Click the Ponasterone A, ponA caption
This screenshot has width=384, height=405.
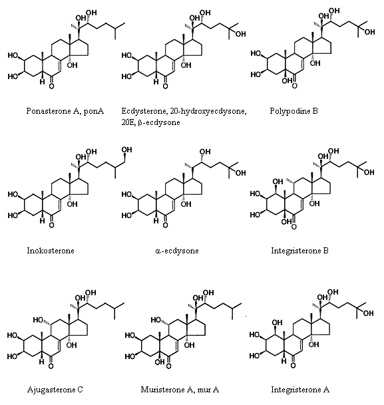pyautogui.click(x=65, y=111)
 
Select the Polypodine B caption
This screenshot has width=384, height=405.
pyautogui.click(x=293, y=111)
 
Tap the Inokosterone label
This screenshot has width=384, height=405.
pyautogui.click(x=51, y=251)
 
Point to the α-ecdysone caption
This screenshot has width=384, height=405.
pyautogui.click(x=177, y=251)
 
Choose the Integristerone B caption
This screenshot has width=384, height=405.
pyautogui.click(x=299, y=251)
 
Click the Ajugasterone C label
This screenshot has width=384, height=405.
pyautogui.click(x=55, y=390)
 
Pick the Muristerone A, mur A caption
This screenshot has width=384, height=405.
pyautogui.click(x=180, y=390)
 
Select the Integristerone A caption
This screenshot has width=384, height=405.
pyautogui.click(x=300, y=390)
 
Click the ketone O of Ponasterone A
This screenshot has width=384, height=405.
pyautogui.click(x=51, y=86)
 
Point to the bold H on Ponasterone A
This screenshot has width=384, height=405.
pyautogui.click(x=42, y=82)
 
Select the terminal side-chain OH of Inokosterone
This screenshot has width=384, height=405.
pyautogui.click(x=126, y=150)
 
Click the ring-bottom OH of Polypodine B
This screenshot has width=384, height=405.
pyautogui.click(x=287, y=81)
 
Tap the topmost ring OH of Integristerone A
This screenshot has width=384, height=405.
pyautogui.click(x=277, y=323)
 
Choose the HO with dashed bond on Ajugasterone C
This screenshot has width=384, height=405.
pyautogui.click(x=38, y=320)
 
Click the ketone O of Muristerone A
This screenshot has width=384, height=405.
pyautogui.click(x=168, y=366)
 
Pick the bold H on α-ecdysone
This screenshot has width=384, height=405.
pyautogui.click(x=156, y=221)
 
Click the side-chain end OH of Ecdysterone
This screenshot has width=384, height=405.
pyautogui.click(x=240, y=34)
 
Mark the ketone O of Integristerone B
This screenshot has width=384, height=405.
pyautogui.click(x=293, y=227)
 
